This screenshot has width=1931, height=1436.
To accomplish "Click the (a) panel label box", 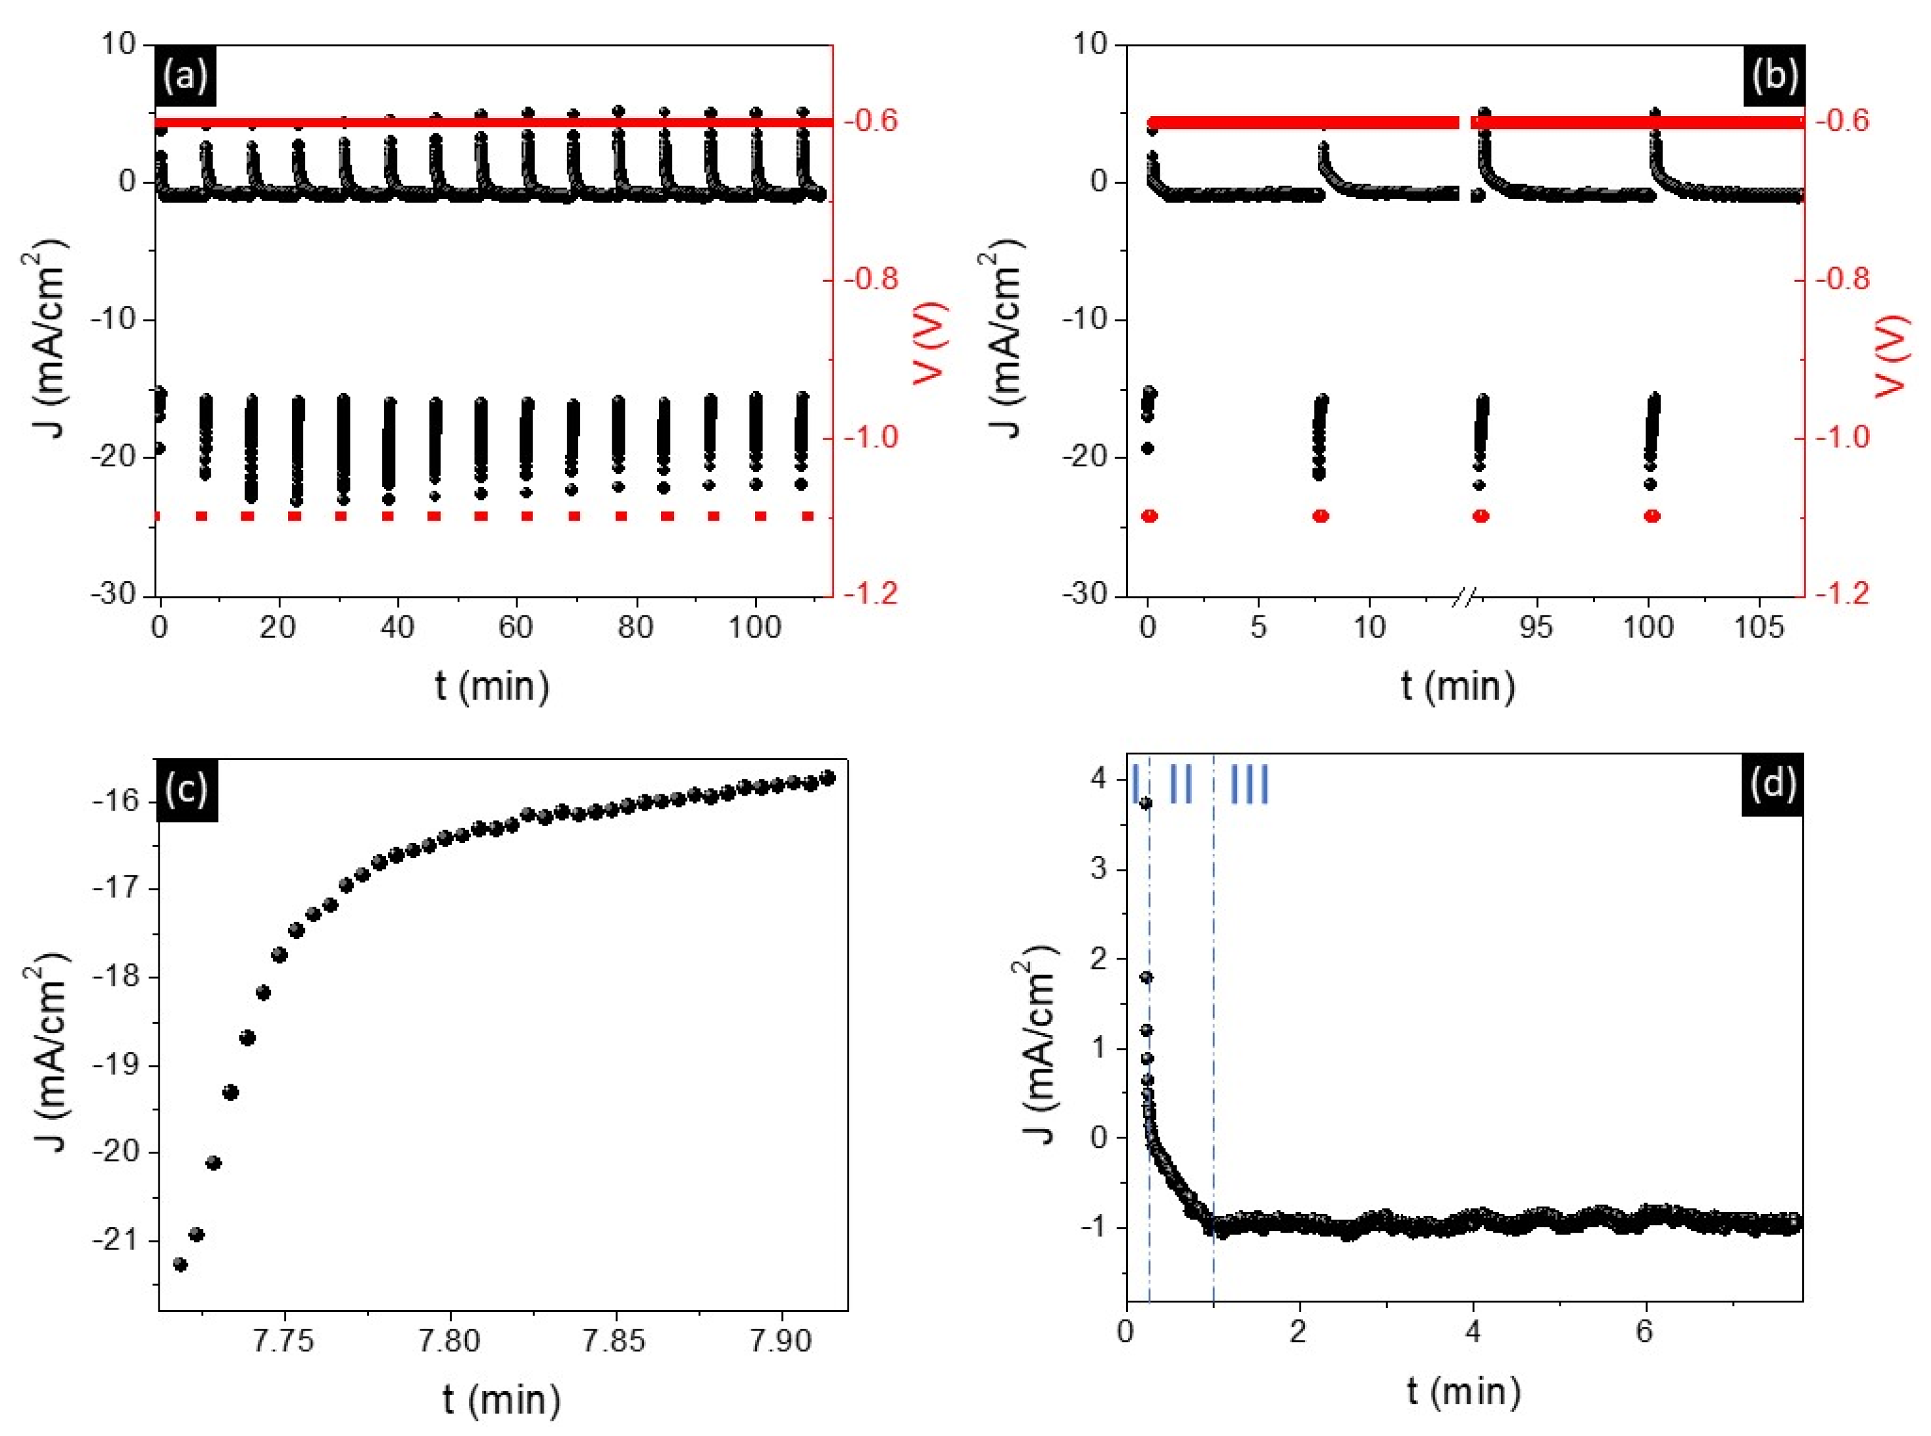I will tap(186, 77).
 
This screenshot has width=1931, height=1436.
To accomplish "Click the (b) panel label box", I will tap(1774, 77).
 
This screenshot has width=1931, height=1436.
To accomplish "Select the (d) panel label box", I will tap(1772, 784).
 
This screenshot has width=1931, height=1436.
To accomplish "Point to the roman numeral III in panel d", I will tap(1250, 784).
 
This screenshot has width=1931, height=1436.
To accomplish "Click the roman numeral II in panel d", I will tap(1180, 784).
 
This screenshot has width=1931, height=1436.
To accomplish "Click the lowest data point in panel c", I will tap(180, 1264).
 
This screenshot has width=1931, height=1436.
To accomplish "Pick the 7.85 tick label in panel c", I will tap(614, 1341).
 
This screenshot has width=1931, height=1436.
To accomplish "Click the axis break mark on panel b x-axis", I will tap(1465, 596).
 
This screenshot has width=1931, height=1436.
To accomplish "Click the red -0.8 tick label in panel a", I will tap(870, 279).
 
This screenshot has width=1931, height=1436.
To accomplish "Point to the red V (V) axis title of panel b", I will tap(1891, 357).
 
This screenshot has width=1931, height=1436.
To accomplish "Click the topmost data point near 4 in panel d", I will tap(1145, 803).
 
